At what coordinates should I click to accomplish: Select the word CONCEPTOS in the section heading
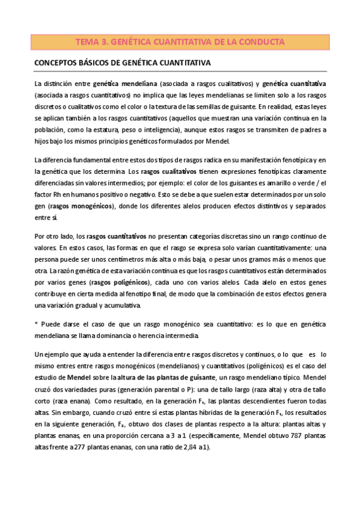[x=58, y=63]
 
